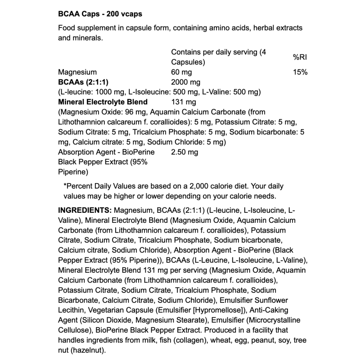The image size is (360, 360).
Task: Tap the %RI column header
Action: [300, 57]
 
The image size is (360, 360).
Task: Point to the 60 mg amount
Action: [182, 72]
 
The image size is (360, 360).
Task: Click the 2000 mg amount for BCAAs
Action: [185, 82]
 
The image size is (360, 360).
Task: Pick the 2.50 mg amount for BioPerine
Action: [184, 152]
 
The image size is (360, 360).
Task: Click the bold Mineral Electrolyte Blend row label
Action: [103, 102]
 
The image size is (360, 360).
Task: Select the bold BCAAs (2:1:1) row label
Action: [84, 82]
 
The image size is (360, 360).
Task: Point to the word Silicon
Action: [93, 320]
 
